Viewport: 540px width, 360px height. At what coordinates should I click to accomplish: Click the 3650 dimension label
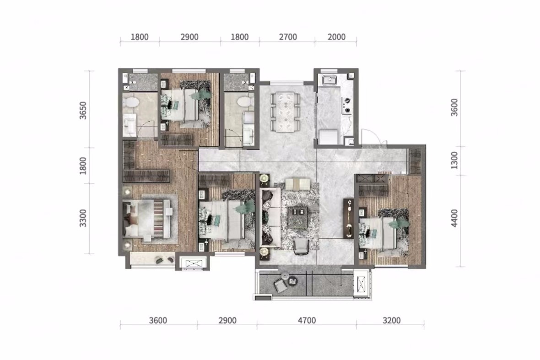click(83, 111)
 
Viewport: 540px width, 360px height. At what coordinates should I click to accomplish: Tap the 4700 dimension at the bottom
click(307, 321)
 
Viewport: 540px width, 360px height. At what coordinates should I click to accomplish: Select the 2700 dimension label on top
click(288, 37)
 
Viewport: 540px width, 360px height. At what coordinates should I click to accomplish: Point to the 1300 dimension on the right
click(454, 161)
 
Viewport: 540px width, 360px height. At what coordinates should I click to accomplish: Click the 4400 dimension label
click(454, 218)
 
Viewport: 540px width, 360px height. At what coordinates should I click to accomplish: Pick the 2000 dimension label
click(336, 37)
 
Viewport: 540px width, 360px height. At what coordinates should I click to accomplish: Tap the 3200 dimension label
click(392, 321)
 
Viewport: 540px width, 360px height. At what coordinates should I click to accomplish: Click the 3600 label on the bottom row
click(158, 321)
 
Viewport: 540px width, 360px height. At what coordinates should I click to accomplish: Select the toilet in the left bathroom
click(131, 102)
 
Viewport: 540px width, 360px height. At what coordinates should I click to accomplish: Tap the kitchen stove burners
click(346, 105)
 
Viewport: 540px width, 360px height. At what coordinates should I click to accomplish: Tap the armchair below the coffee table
click(301, 247)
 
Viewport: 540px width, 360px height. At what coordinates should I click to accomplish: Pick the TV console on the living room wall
click(349, 219)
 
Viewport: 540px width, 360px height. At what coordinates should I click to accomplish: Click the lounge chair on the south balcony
click(281, 285)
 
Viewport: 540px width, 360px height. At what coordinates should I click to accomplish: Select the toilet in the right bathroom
click(245, 102)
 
